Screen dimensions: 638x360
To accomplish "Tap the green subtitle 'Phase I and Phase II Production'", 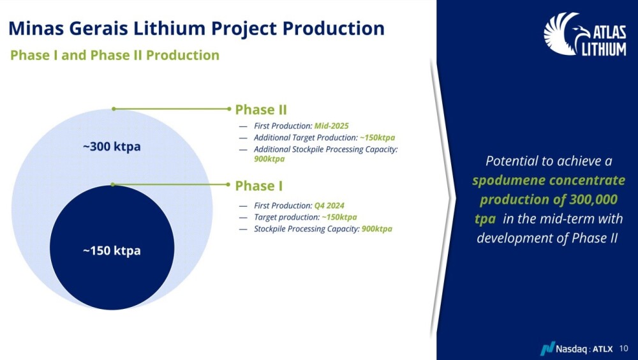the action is (x=115, y=55).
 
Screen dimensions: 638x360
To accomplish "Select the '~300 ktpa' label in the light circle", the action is (x=112, y=146).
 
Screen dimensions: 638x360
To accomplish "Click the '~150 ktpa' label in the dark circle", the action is (x=112, y=250).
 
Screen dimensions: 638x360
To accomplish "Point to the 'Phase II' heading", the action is (x=261, y=110).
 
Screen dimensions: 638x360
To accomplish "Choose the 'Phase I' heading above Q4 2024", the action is (x=259, y=186).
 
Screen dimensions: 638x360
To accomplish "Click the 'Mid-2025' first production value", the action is (x=332, y=126).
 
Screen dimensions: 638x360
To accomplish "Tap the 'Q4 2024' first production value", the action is (x=330, y=206).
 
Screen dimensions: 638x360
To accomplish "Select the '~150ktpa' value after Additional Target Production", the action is (x=377, y=138).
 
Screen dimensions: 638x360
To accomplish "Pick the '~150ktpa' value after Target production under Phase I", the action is (x=339, y=217).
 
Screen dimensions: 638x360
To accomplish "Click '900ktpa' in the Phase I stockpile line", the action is (x=377, y=229).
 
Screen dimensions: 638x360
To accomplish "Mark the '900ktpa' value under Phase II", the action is (x=269, y=159).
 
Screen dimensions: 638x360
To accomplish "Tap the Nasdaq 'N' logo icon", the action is (x=547, y=349).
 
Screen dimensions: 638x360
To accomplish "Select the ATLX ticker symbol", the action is (x=603, y=349).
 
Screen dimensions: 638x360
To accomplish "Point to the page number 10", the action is (x=624, y=349).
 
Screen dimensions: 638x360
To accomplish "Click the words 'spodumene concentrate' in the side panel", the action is (x=549, y=181).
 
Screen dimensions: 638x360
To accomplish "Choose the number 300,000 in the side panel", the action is (x=593, y=199).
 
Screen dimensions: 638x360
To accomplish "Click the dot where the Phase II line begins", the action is (x=114, y=109).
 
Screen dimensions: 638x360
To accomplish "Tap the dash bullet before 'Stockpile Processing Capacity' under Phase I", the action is (x=243, y=229).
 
